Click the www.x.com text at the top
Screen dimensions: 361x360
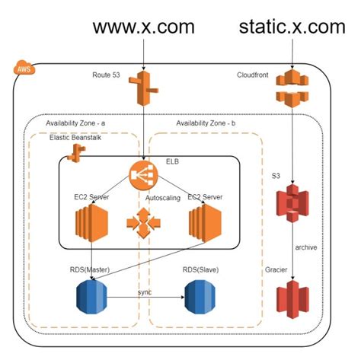(x=144, y=27)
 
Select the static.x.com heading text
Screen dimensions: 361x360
(x=292, y=27)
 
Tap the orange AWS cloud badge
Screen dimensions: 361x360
(x=24, y=68)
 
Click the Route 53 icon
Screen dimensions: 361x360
(x=143, y=88)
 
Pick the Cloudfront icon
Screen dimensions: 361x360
(x=292, y=88)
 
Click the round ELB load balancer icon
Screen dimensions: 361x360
(x=143, y=175)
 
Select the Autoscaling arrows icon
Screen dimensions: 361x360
(x=143, y=223)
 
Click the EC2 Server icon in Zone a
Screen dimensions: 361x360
(x=91, y=223)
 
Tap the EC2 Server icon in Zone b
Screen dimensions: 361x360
(x=205, y=223)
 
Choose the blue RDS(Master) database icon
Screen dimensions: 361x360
(x=91, y=297)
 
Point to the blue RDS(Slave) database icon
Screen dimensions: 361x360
(x=200, y=297)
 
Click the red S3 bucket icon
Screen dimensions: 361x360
(x=292, y=203)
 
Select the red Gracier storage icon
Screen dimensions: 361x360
(x=292, y=299)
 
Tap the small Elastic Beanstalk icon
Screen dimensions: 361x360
(x=76, y=153)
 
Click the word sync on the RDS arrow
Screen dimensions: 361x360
(x=145, y=292)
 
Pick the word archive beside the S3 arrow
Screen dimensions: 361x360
(x=306, y=247)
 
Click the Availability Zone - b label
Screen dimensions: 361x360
(x=206, y=123)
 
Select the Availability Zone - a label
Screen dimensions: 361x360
(x=75, y=123)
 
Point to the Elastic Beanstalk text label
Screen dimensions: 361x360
(x=75, y=138)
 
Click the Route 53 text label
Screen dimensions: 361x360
(x=106, y=75)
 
